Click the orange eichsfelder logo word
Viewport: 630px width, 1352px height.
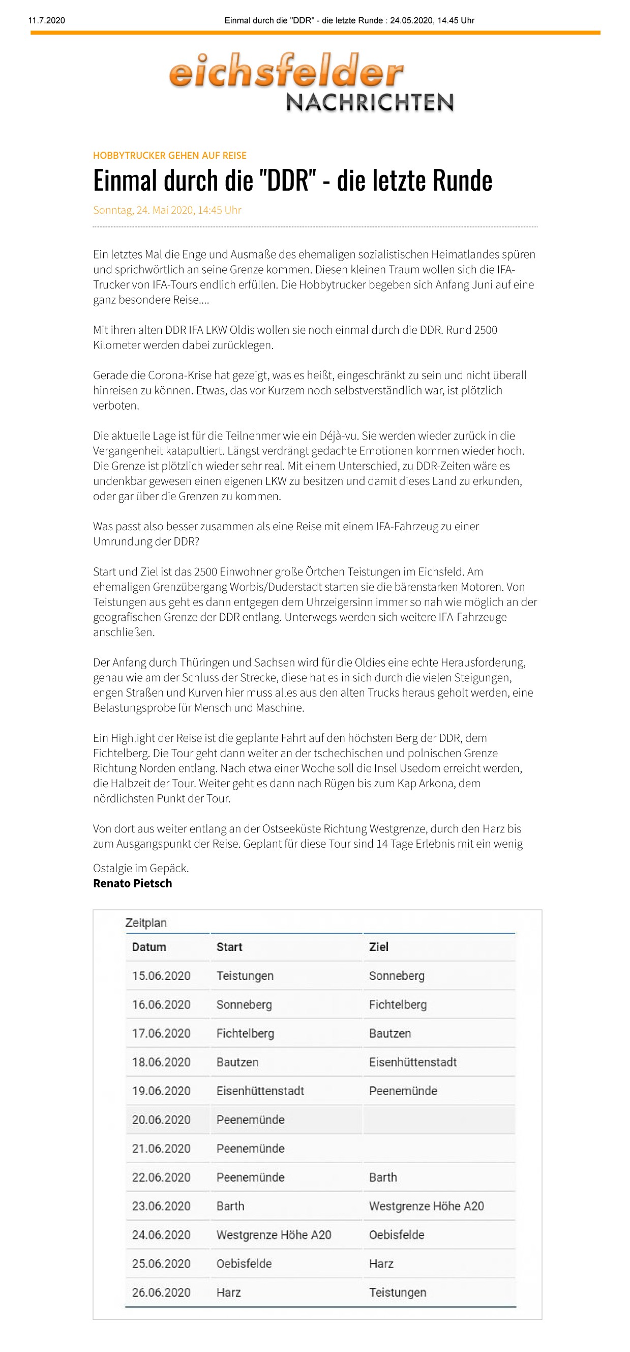[286, 70]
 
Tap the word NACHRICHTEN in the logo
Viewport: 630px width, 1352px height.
[370, 102]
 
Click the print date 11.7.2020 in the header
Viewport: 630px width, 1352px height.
[47, 20]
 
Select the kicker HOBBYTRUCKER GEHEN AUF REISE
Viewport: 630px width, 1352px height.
[169, 155]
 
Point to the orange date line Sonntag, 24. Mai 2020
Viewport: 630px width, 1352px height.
[167, 210]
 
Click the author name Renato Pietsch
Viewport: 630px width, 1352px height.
[132, 883]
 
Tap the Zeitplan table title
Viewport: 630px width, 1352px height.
[146, 923]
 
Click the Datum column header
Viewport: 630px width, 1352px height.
[149, 947]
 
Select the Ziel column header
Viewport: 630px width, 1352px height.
[379, 947]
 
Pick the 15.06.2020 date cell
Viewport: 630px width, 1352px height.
[161, 975]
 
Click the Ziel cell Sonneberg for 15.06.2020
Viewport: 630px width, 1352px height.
[397, 975]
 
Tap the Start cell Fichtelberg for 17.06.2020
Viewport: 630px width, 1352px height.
[245, 1033]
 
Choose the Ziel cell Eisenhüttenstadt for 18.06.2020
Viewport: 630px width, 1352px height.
[413, 1062]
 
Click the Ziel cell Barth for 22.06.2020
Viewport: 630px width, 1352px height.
[383, 1177]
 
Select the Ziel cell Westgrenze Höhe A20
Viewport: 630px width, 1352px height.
[427, 1206]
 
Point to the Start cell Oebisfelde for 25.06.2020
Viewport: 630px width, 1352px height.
[244, 1264]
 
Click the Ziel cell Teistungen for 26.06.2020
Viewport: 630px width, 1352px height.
[398, 1292]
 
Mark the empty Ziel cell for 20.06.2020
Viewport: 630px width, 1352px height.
[438, 1119]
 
